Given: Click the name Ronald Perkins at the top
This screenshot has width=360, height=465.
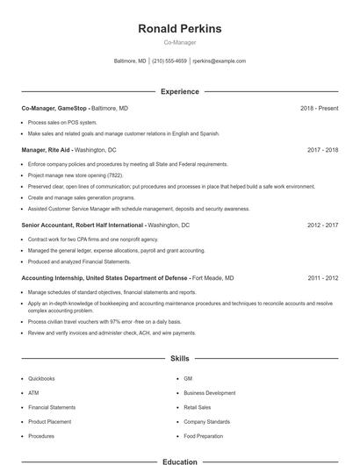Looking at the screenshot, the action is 180,29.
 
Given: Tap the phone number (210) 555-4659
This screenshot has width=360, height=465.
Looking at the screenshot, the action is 169,61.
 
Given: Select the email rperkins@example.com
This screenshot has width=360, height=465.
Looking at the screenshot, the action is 219,61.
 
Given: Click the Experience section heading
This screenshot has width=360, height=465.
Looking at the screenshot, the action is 180,91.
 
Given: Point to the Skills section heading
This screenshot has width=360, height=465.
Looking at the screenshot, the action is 180,359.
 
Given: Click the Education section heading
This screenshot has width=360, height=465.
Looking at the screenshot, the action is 180,461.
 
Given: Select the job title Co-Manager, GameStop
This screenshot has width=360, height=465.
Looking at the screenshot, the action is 54,108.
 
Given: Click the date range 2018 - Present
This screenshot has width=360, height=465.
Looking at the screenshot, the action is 319,108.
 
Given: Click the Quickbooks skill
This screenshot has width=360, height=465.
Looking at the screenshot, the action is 41,379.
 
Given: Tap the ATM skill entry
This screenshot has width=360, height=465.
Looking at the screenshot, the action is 33,393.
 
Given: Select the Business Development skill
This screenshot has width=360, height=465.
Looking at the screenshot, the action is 209,393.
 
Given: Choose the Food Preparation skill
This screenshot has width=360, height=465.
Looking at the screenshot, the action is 204,436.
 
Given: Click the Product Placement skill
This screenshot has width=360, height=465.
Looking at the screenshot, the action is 49,422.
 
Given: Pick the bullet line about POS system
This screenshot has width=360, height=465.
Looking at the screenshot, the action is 62,122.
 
